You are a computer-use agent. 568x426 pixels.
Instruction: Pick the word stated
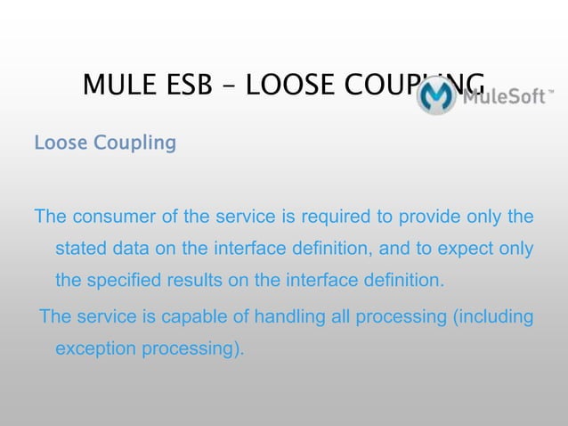pos(82,250)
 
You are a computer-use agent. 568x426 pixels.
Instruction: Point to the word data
pos(135,250)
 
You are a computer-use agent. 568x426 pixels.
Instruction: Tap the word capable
pos(199,317)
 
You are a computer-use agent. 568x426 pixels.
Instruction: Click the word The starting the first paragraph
pos(50,217)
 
